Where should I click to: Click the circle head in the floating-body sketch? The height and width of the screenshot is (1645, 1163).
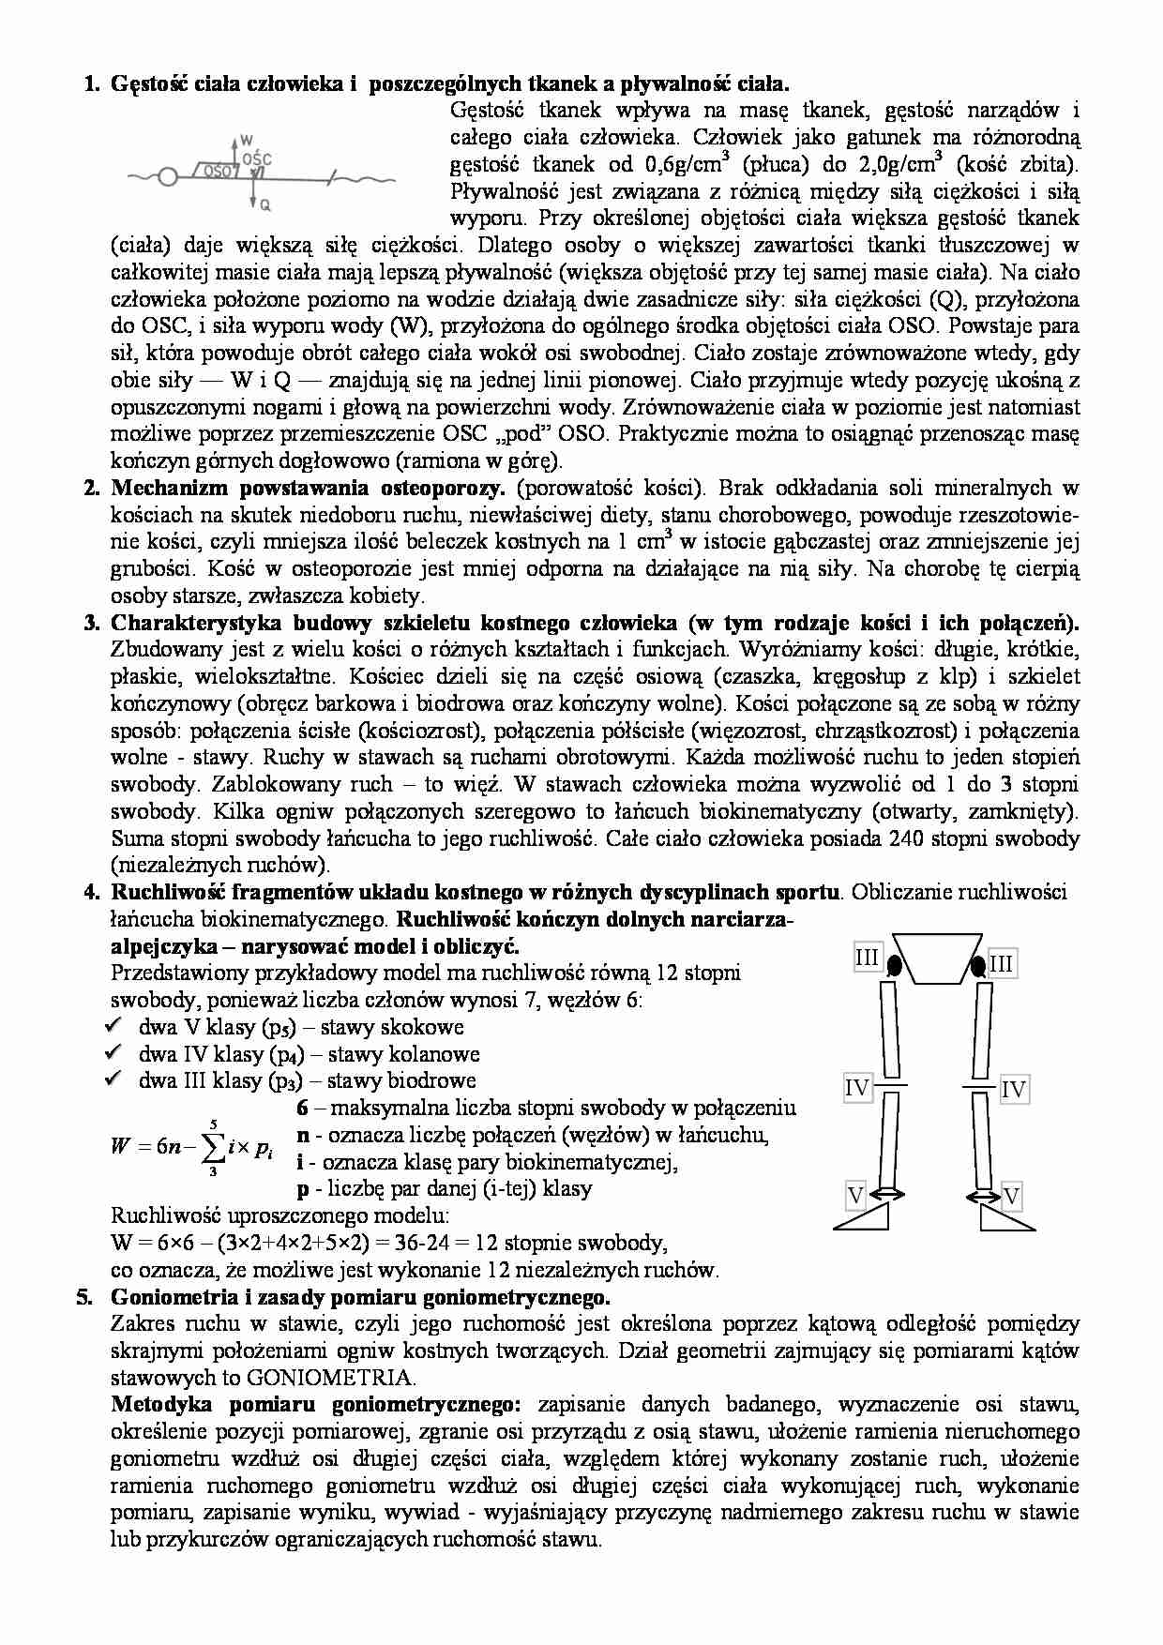167,175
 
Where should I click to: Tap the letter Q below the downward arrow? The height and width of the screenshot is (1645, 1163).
265,203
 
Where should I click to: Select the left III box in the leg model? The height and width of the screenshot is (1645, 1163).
867,958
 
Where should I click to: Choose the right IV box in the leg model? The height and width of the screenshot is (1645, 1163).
1013,1089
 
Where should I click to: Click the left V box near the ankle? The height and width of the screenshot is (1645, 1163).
854,1195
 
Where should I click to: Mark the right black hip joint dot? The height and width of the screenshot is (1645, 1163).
978,963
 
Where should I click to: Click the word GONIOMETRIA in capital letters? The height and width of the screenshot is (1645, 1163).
329,1378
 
